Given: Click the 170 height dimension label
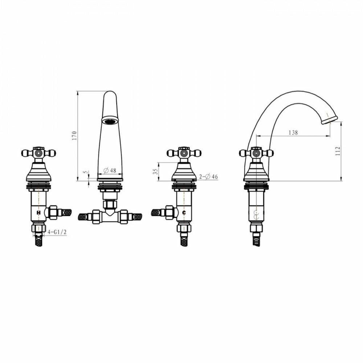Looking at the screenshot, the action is coord(74,136).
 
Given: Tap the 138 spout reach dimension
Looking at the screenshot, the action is coord(293,132).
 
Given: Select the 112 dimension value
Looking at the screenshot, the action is coord(338,151).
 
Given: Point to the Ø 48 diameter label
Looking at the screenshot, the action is coord(110,171).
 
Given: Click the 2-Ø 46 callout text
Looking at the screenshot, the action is coord(208,177).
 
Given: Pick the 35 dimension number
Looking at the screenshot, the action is coord(155,171).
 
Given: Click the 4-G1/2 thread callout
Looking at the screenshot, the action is coord(57,232).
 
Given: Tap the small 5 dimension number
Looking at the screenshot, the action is coord(86,172).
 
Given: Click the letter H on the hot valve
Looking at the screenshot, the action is coord(39,212).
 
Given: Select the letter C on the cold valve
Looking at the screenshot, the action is coord(184,212).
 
